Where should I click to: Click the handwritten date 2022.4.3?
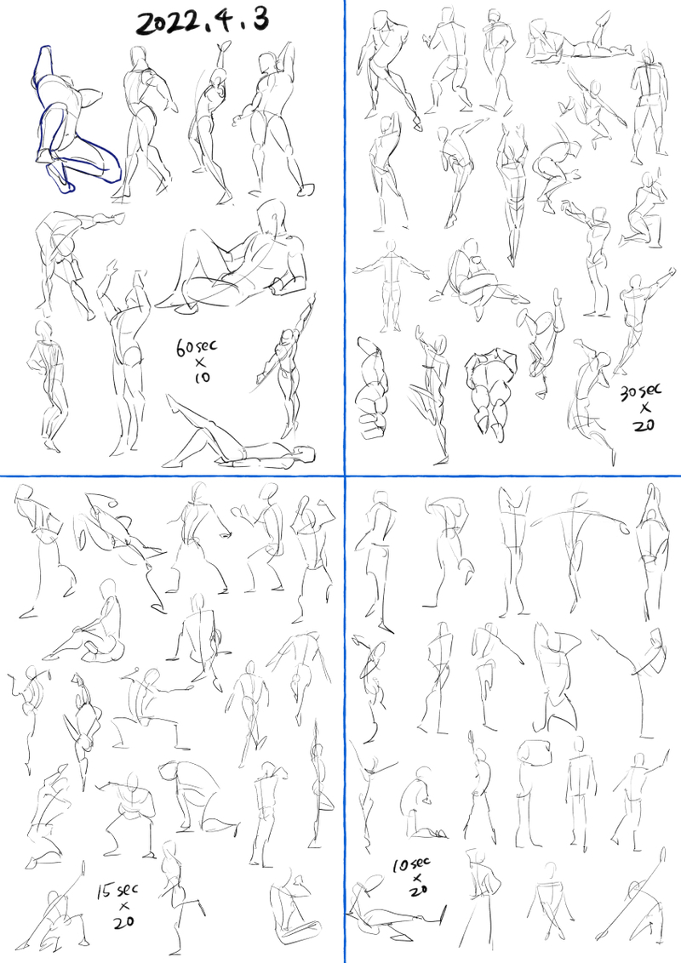coord(203,22)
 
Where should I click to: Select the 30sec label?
coord(641,391)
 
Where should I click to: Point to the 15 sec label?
coord(119,891)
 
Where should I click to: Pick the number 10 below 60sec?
coord(203,377)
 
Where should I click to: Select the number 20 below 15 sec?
coord(124,921)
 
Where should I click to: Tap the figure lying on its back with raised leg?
coord(240,436)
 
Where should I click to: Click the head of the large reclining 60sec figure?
coord(271,215)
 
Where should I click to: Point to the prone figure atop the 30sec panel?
coord(580,40)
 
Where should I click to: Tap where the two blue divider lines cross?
coord(345,476)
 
